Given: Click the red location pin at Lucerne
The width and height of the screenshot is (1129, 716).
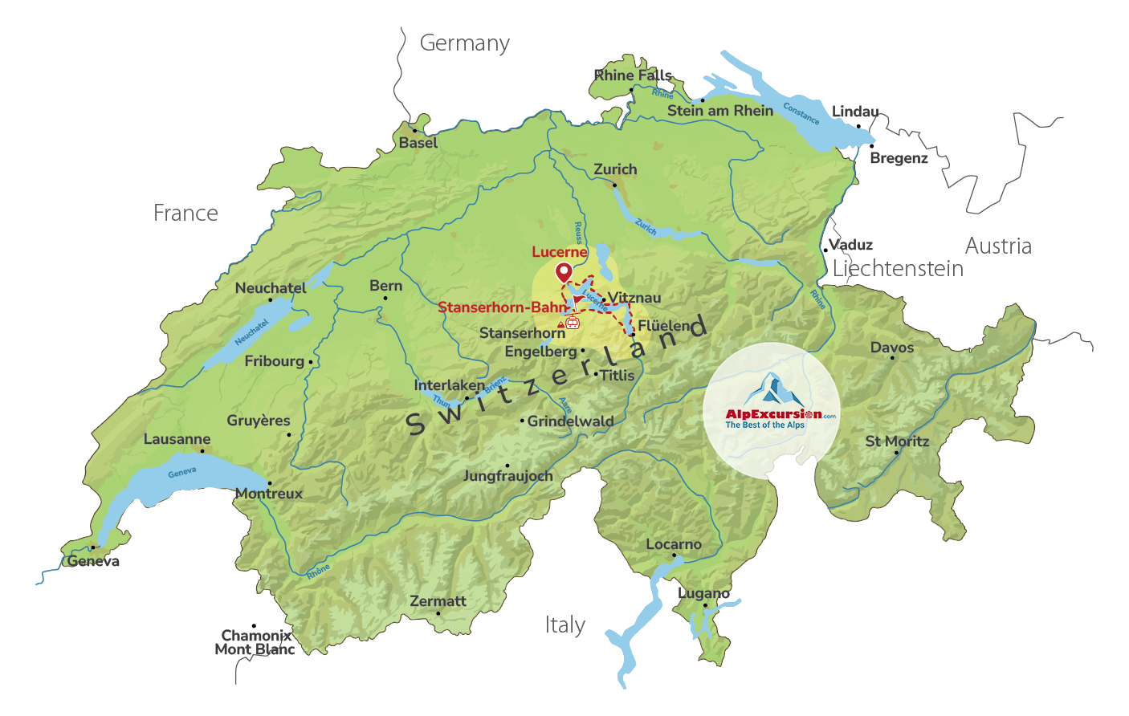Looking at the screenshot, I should pos(564,272).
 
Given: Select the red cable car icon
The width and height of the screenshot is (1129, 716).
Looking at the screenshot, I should pos(572,323).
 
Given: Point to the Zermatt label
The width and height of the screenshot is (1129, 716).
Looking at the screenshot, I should pos(438,601).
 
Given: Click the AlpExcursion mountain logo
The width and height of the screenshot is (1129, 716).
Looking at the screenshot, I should pos(772,391).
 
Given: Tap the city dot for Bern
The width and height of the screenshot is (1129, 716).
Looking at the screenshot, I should pos(385,299).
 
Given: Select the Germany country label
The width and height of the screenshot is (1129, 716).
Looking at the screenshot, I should pos(464,43).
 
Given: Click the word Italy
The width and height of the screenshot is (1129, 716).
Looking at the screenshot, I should pos(564,625).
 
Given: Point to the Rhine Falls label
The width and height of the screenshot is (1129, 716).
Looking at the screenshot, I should pos(633,75).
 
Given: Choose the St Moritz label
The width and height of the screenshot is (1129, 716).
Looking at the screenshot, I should pos(897,441).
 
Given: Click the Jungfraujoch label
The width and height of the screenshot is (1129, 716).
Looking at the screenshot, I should pos(507,476).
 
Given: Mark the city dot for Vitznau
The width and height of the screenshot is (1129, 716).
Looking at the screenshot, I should pos(603,300).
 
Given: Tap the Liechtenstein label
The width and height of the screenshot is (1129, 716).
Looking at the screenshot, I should pos(898,269).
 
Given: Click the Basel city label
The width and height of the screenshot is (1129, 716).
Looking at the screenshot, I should pos(418,143).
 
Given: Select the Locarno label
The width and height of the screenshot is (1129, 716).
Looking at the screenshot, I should pos(674,544).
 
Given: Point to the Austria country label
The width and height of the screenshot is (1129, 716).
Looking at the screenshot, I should pos(998,246).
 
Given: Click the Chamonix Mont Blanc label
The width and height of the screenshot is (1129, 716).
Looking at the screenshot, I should pos(255,642).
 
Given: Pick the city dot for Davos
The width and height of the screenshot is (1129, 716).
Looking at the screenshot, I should pos(892,357).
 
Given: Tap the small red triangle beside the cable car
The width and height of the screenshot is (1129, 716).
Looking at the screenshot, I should pos(560,325).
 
